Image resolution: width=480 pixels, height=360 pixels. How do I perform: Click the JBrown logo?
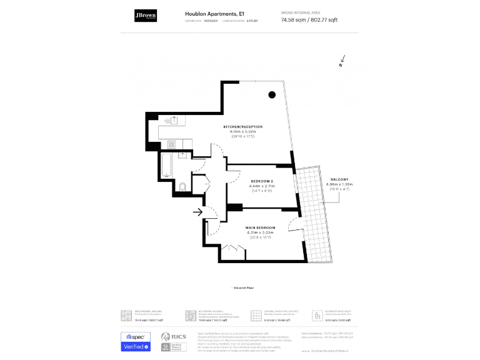pos(146,16)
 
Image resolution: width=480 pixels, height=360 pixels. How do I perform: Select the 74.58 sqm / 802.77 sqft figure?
pos(309,20)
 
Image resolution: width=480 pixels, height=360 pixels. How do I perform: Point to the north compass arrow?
pos(342,61)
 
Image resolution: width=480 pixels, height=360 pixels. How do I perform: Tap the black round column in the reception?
pos(272,95)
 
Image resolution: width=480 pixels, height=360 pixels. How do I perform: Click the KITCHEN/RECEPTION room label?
pos(243,127)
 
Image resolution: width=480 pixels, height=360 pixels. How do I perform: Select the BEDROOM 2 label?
pos(262,181)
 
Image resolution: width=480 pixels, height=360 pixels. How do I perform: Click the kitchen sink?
pos(174,120)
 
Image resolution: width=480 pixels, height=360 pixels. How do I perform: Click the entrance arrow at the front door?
pos(198,212)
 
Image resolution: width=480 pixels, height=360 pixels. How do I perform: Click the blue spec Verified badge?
pos(136,341)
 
